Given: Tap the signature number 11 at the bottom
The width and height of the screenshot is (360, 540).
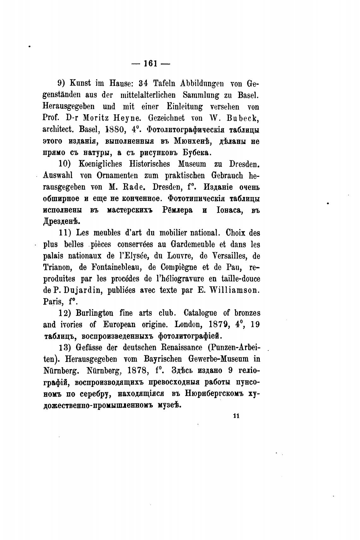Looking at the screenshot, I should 236,416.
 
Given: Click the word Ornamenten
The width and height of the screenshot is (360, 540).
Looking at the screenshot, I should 122,176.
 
